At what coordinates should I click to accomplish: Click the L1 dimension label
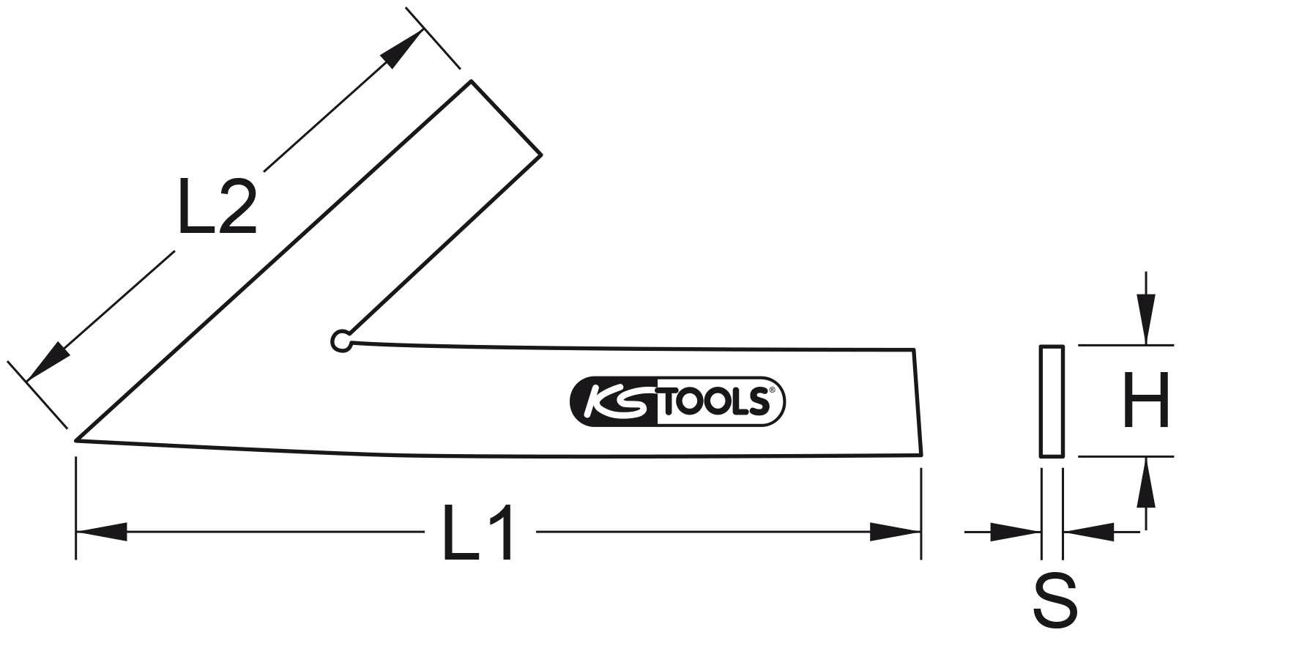click(x=480, y=532)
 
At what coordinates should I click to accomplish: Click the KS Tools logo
click(x=677, y=401)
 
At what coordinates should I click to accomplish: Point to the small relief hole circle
click(x=341, y=341)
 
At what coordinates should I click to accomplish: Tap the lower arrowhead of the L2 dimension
click(x=48, y=362)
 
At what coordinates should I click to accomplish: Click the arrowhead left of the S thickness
click(x=1015, y=532)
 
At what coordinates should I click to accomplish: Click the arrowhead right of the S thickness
click(x=1088, y=532)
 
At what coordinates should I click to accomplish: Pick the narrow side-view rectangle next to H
click(x=1051, y=401)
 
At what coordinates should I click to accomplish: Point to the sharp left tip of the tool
click(x=78, y=439)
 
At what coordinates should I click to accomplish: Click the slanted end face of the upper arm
click(x=505, y=117)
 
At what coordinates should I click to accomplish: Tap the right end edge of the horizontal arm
click(x=918, y=402)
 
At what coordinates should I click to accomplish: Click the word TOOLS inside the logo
click(x=717, y=402)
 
